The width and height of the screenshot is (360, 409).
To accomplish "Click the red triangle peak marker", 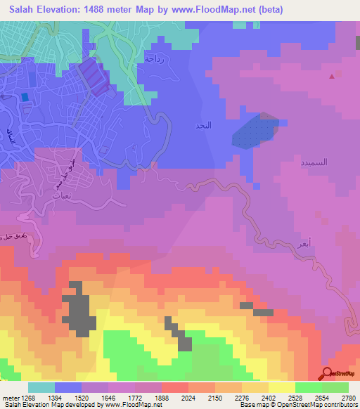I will (332, 77).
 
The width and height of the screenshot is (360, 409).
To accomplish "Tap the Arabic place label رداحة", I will (154, 59).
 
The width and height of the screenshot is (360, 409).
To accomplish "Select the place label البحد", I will (202, 126).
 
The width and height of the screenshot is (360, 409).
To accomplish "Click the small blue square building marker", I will (25, 97).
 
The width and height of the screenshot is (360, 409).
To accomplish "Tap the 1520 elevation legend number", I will (79, 397).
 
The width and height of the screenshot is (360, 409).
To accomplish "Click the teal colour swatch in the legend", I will (41, 387).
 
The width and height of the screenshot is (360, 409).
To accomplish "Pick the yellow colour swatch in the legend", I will (281, 387).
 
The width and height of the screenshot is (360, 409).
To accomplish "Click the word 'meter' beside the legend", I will (9, 397).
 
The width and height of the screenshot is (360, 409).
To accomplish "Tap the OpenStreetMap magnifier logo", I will (328, 374).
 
